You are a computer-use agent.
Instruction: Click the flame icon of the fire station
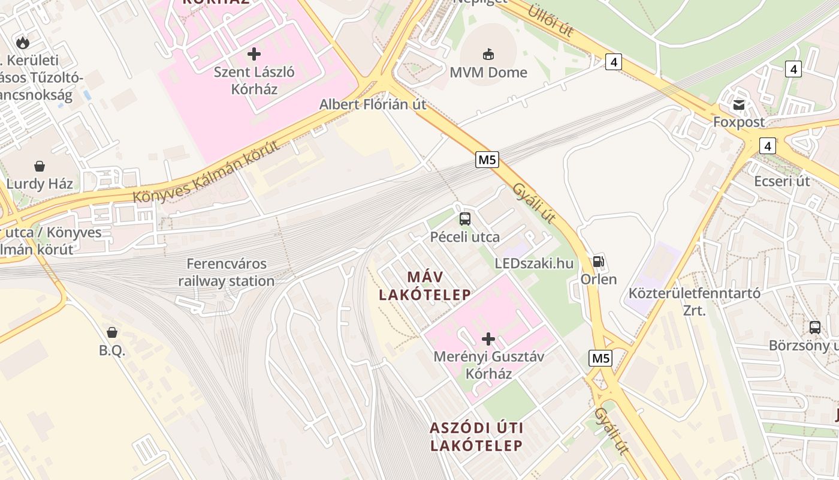(23, 42)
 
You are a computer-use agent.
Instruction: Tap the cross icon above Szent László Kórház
(254, 54)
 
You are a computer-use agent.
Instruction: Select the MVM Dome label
(488, 73)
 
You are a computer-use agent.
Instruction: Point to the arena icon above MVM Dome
(488, 54)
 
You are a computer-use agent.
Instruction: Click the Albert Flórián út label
(373, 104)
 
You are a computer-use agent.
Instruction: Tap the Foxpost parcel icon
(738, 105)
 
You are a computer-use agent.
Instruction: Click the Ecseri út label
(782, 181)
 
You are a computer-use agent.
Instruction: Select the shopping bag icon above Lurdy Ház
(40, 166)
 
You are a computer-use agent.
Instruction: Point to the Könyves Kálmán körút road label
(206, 172)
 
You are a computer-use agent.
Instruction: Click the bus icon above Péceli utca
(465, 219)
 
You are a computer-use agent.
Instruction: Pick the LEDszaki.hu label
(534, 263)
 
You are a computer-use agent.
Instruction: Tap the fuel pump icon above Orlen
(598, 262)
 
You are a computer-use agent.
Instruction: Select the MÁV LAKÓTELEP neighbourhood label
(424, 286)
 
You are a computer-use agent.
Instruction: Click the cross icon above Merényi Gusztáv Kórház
(488, 339)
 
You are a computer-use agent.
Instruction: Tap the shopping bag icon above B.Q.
(112, 332)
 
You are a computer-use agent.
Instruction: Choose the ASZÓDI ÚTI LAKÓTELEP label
(476, 436)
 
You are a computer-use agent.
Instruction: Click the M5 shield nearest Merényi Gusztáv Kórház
(600, 358)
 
